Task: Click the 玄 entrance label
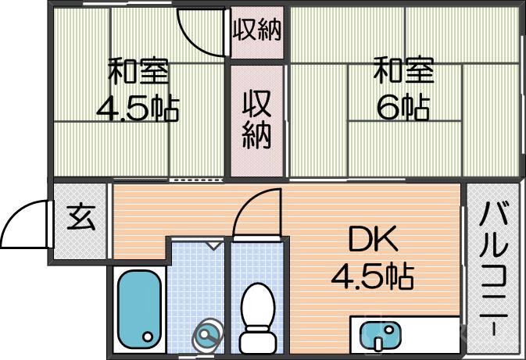pyautogui.click(x=80, y=216)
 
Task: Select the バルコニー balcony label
pyautogui.click(x=494, y=266)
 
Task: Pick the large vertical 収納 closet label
pyautogui.click(x=256, y=119)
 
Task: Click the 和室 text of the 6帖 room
pyautogui.click(x=403, y=73)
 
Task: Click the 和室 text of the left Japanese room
pyautogui.click(x=138, y=73)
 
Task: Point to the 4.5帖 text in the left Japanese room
pyautogui.click(x=138, y=109)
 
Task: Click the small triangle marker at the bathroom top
pyautogui.click(x=213, y=245)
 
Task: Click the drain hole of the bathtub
pyautogui.click(x=148, y=337)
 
